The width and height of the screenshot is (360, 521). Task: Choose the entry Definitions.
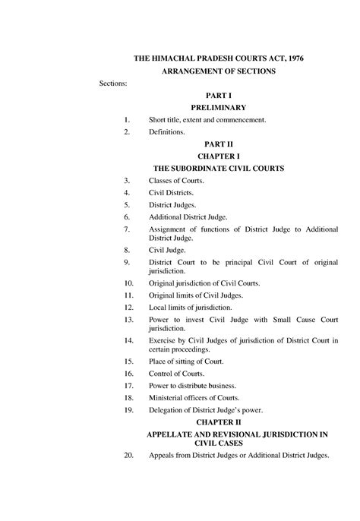pyautogui.click(x=167, y=132)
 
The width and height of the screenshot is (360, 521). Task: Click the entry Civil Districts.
pyautogui.click(x=171, y=193)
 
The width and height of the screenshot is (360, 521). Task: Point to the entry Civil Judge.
pyautogui.click(x=166, y=249)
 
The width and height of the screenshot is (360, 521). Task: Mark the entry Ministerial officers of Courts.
pyautogui.click(x=194, y=398)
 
